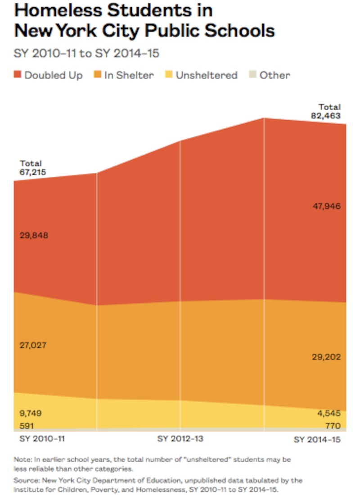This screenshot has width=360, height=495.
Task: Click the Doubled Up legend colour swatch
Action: [x=18, y=75]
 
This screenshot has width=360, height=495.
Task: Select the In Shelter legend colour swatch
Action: [x=98, y=75]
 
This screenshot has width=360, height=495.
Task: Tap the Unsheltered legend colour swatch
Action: [x=169, y=75]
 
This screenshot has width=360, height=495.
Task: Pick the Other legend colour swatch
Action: [x=253, y=75]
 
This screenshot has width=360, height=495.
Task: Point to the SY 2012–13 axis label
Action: [x=180, y=438]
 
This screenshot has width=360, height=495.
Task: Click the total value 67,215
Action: [x=32, y=172]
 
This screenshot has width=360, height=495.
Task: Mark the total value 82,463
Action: [x=326, y=116]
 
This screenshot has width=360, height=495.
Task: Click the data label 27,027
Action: [x=33, y=346]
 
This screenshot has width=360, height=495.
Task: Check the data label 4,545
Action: [x=328, y=414]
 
